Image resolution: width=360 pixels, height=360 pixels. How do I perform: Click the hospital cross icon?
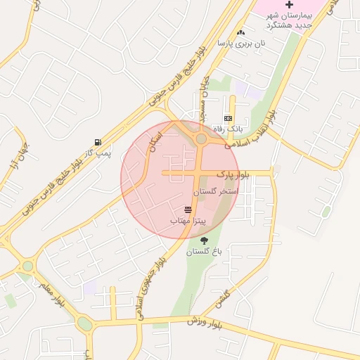pyautogui.click(x=289, y=5)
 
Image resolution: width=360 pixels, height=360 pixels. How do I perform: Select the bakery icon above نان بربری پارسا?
pyautogui.click(x=241, y=32)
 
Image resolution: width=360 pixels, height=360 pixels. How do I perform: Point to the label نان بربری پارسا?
pyautogui.click(x=234, y=44)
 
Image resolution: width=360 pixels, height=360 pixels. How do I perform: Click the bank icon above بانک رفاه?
pyautogui.click(x=228, y=118)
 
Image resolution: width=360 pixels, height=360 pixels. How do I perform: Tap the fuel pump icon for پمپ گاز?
pyautogui.click(x=98, y=142)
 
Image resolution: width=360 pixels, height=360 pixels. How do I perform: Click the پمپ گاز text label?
pyautogui.click(x=94, y=153)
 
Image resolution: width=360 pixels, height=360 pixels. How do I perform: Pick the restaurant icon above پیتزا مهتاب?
pyautogui.click(x=188, y=210)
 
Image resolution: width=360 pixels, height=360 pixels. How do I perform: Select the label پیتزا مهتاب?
pyautogui.click(x=188, y=221)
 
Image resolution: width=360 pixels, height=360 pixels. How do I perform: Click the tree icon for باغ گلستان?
pyautogui.click(x=204, y=240)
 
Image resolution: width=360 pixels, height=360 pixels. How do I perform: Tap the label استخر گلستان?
pyautogui.click(x=215, y=191)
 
